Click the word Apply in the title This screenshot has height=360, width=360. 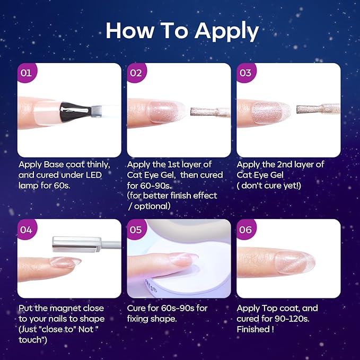click(226, 32)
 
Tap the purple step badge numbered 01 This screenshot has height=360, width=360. click(27, 73)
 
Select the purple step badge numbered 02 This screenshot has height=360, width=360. click(136, 73)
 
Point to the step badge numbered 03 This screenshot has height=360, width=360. click(246, 73)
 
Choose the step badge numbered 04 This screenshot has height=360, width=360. click(27, 229)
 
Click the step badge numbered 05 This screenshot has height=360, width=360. click(136, 229)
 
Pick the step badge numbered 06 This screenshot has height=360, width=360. click(246, 229)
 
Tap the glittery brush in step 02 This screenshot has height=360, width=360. click(210, 112)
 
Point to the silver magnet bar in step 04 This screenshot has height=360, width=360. click(77, 244)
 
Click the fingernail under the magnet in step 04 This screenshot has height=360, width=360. click(65, 262)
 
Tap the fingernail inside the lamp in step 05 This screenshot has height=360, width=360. click(183, 259)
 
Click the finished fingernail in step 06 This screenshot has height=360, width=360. click(295, 262)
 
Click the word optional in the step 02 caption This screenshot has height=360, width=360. click(152, 206)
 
